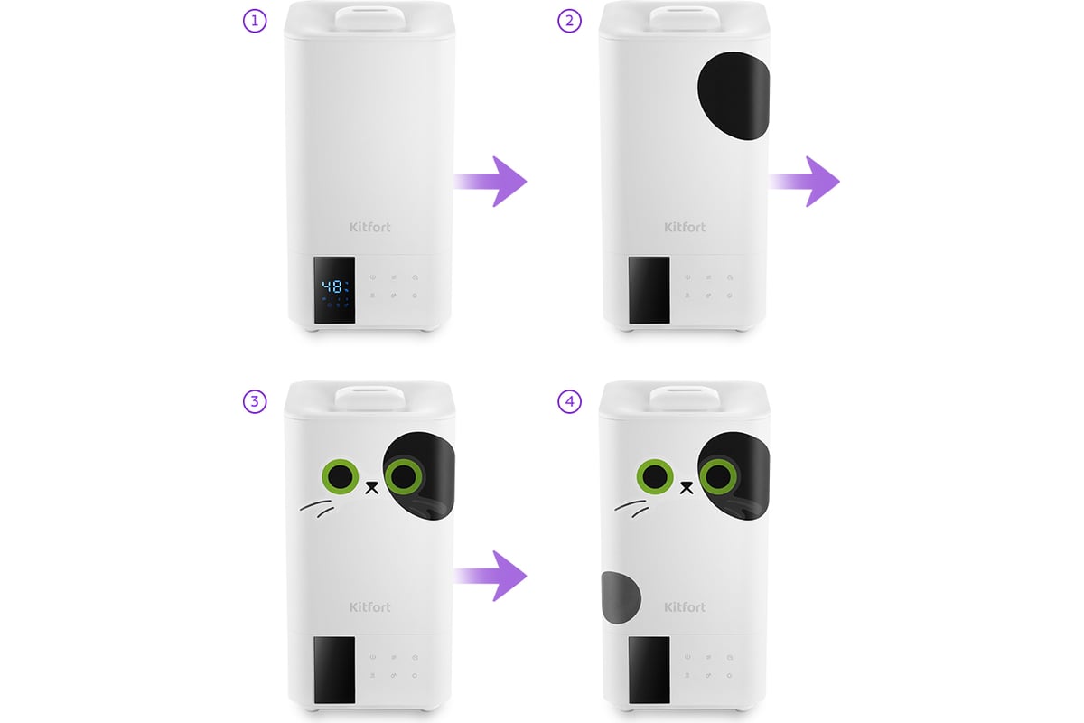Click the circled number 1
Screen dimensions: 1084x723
tap(255, 22)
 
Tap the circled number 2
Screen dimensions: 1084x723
tap(570, 22)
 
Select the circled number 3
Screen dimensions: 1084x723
tap(255, 401)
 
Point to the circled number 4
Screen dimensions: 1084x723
tap(570, 401)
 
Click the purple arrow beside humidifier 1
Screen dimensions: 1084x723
tap(491, 182)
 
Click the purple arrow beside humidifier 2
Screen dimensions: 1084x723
tap(804, 182)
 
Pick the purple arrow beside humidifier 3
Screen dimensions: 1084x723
tap(491, 576)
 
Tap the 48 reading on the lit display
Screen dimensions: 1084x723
tap(332, 286)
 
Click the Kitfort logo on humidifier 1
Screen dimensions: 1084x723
tap(369, 227)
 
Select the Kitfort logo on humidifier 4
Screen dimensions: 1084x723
tap(685, 606)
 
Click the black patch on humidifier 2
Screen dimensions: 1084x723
tap(734, 96)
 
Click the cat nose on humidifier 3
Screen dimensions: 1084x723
tap(371, 487)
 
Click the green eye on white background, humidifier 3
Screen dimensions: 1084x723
tap(341, 476)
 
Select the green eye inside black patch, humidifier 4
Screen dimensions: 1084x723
tap(718, 476)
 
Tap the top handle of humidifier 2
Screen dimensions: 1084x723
tap(685, 18)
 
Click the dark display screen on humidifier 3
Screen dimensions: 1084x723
tap(334, 670)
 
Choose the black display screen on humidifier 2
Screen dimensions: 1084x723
tap(649, 290)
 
